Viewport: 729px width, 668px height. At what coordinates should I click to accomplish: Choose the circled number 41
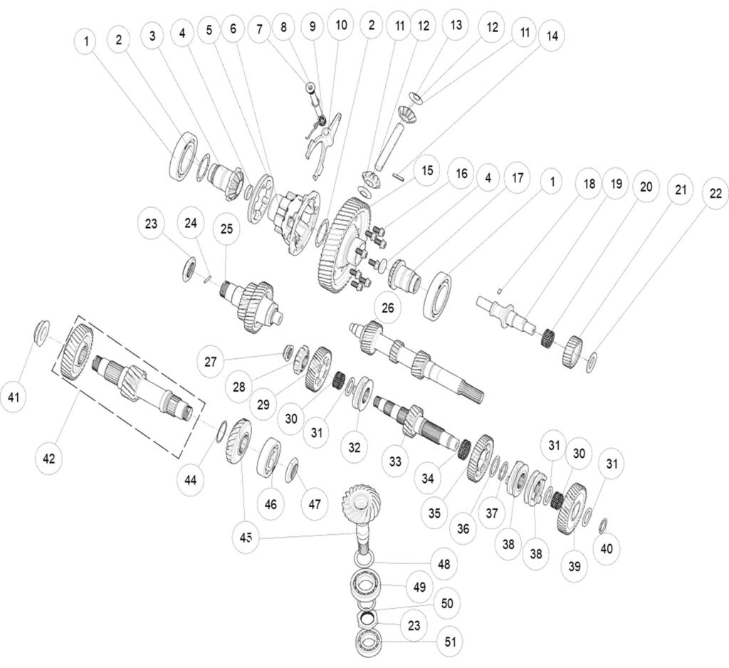tap(14, 397)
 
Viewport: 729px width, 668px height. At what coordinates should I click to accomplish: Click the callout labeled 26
tap(387, 308)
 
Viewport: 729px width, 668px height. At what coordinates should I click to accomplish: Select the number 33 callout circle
tap(395, 461)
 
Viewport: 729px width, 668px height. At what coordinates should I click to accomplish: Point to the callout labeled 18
tap(588, 183)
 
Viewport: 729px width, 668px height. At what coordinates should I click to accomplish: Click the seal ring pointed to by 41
tap(41, 331)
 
